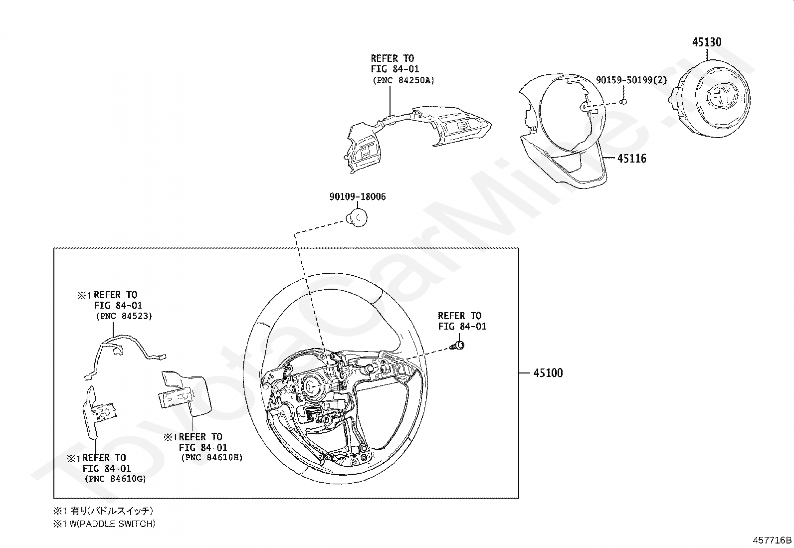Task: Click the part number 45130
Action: (x=706, y=42)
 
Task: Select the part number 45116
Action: (x=631, y=159)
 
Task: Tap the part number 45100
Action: (x=548, y=373)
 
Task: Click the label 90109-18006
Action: (x=358, y=197)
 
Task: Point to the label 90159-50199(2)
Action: (x=631, y=80)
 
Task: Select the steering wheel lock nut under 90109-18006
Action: (x=357, y=217)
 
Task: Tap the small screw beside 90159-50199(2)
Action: (x=623, y=102)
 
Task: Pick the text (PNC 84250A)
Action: (x=403, y=80)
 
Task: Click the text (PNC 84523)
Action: (x=124, y=316)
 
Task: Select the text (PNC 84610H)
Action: (x=211, y=458)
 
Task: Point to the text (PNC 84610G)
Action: (x=115, y=479)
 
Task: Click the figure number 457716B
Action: (x=772, y=540)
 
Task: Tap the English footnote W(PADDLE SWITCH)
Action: (x=112, y=524)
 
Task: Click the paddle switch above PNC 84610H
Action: (x=185, y=393)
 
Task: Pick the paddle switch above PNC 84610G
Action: (x=99, y=412)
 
